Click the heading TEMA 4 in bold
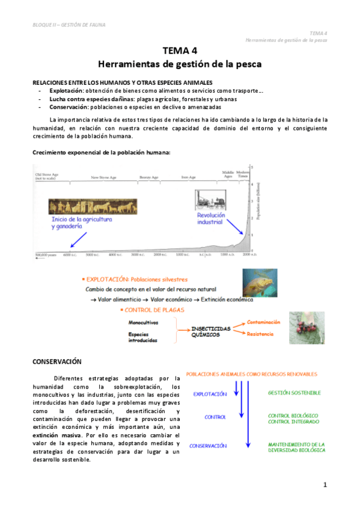[x=180, y=51]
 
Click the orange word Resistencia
[x=260, y=334]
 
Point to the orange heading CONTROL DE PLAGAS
[x=156, y=310]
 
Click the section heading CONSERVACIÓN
[x=56, y=362]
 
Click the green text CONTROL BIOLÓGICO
[x=294, y=416]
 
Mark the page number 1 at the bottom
[x=325, y=485]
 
